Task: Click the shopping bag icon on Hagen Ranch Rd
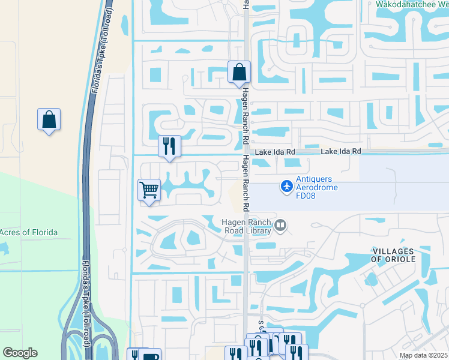pos(239,73)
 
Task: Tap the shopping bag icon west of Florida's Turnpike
pos(49,119)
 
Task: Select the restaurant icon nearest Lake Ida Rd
pos(169,146)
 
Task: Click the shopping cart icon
pos(149,190)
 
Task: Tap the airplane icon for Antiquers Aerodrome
pos(287,187)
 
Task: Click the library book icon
pos(280,226)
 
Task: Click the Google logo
pos(20,353)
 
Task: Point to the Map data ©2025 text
pos(423,355)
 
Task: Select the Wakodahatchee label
pos(412,4)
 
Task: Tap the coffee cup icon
pos(151,356)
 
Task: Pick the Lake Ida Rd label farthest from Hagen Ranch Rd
pos(341,152)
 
